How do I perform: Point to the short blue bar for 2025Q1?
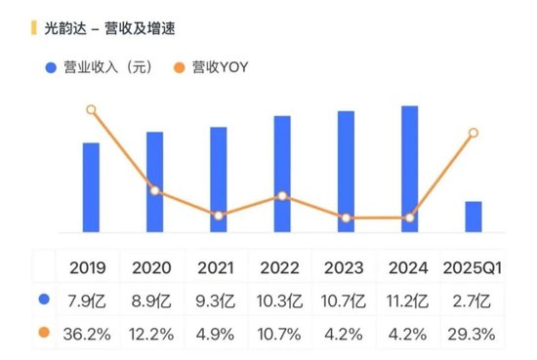click(x=474, y=217)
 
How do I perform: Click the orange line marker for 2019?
click(x=91, y=109)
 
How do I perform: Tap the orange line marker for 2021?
click(x=219, y=216)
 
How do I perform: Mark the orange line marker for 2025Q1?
click(x=474, y=133)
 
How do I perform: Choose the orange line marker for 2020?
click(x=155, y=190)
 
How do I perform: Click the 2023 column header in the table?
click(x=344, y=267)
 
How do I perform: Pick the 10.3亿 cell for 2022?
click(x=279, y=300)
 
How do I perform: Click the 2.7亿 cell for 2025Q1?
click(x=473, y=300)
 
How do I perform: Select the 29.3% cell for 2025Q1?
click(x=473, y=334)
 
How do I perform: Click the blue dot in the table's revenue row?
click(x=43, y=300)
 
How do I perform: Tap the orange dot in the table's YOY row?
click(x=43, y=334)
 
